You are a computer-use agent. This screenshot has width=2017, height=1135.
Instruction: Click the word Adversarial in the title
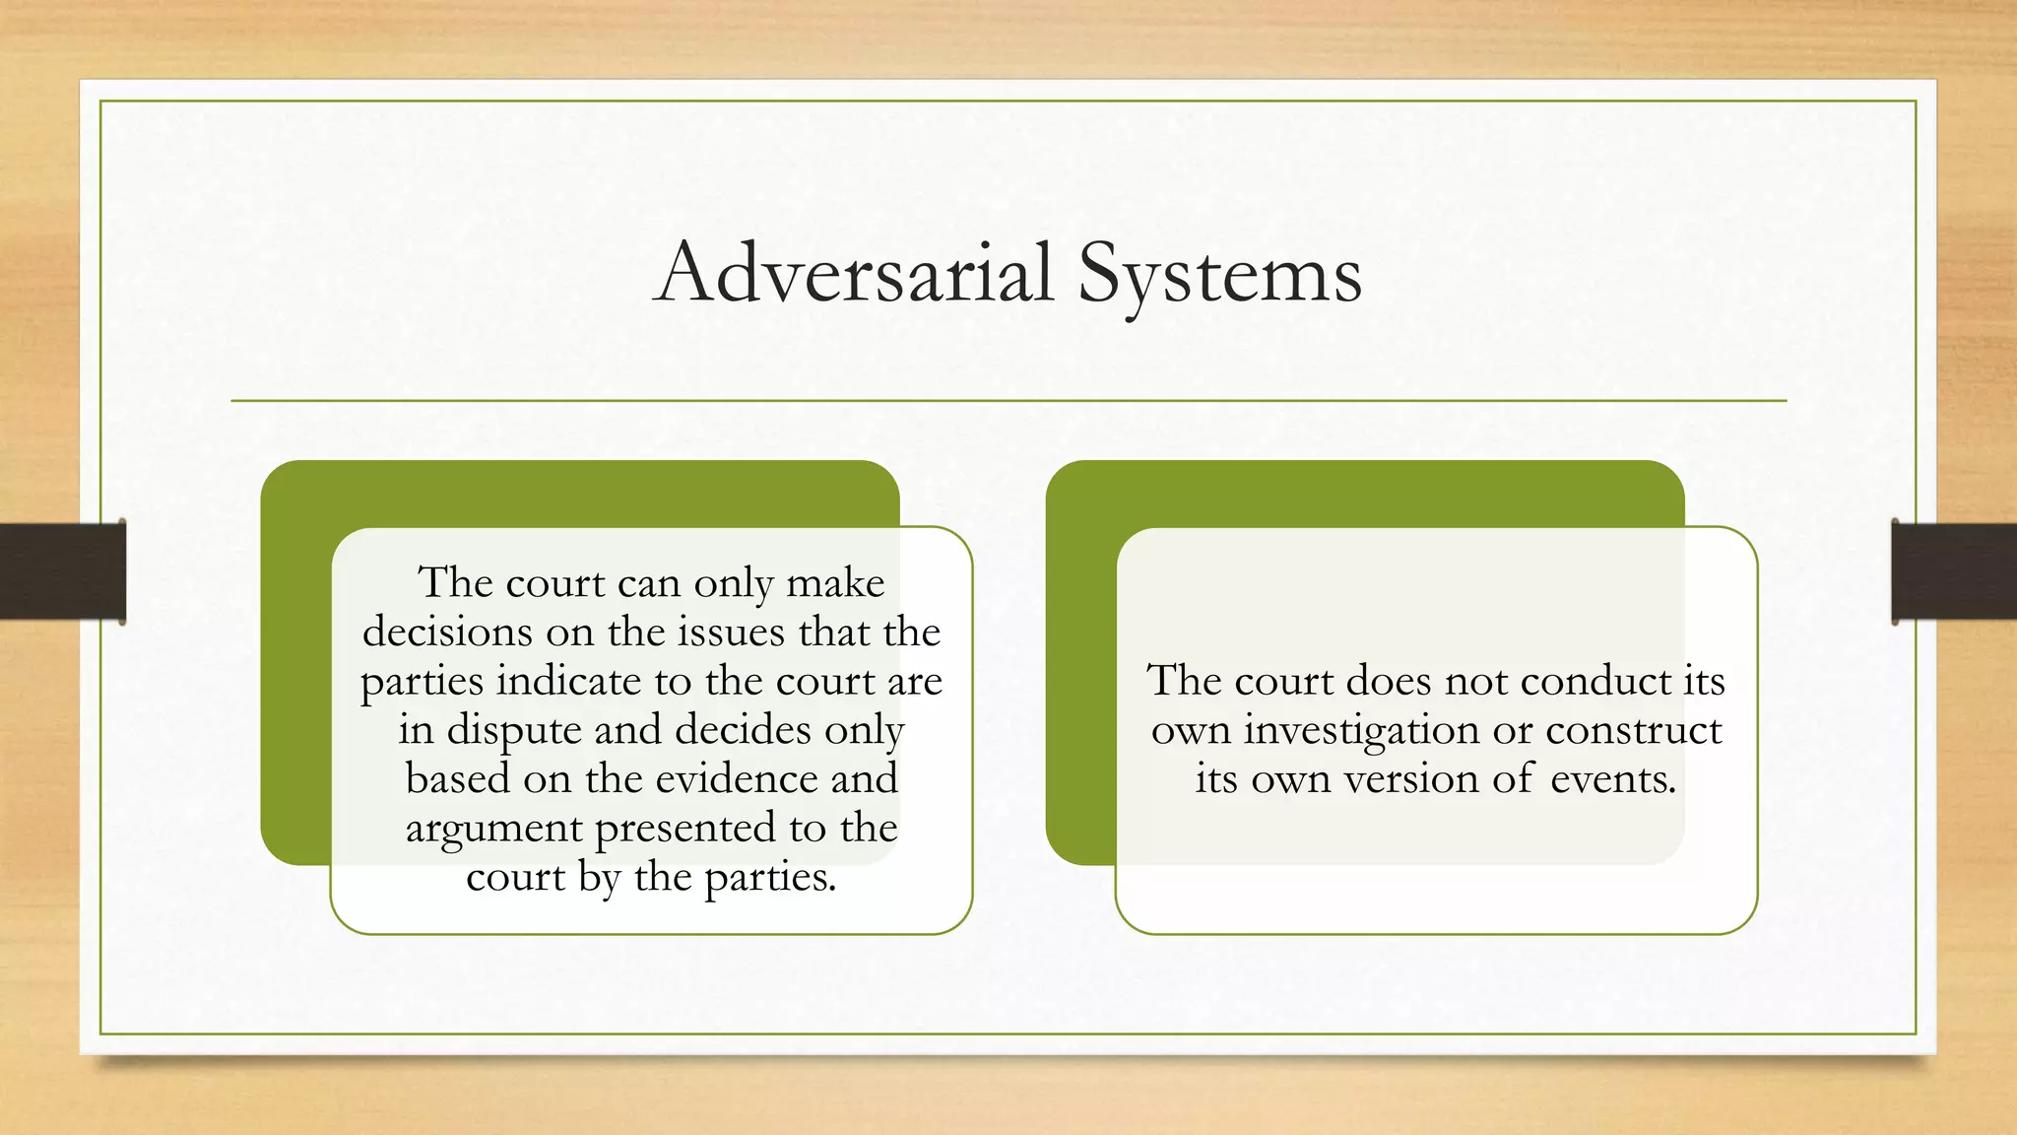pos(854,273)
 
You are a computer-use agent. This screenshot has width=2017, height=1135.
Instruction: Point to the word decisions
pos(448,632)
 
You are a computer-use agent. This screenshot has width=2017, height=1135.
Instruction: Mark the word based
pos(458,778)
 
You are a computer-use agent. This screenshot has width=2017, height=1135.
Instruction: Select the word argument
pos(493,829)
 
